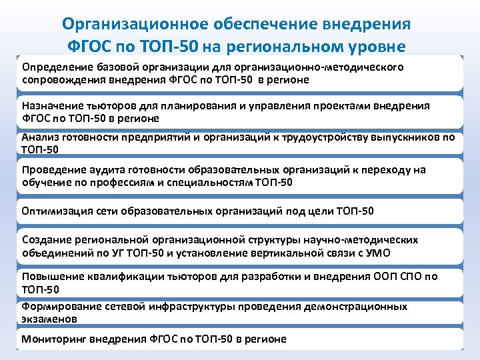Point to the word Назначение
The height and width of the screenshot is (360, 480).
pyautogui.click(x=52, y=106)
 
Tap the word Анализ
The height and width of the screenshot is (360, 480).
pyautogui.click(x=40, y=137)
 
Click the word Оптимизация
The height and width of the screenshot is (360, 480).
pyautogui.click(x=57, y=212)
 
